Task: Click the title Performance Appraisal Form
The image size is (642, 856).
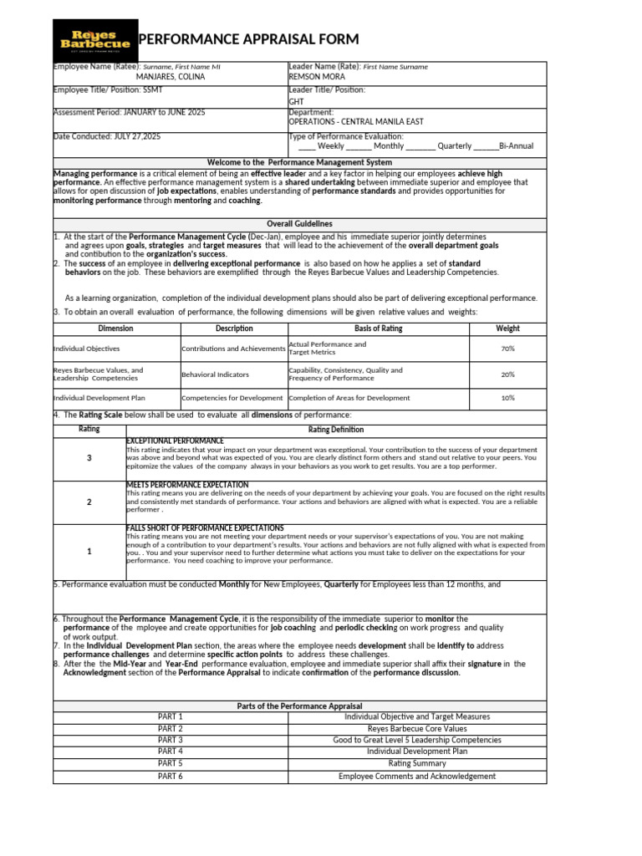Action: pyautogui.click(x=247, y=39)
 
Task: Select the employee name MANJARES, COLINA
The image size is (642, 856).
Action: pyautogui.click(x=170, y=76)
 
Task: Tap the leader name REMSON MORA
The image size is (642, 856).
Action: pyautogui.click(x=316, y=76)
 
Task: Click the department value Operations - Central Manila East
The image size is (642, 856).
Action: pyautogui.click(x=355, y=121)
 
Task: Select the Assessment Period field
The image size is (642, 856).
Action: pyautogui.click(x=129, y=111)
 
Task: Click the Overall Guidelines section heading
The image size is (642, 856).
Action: pyautogui.click(x=299, y=224)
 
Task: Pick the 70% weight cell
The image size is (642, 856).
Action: pyautogui.click(x=507, y=349)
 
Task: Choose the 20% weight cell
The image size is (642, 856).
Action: pyautogui.click(x=507, y=374)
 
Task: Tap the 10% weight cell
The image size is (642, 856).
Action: pyautogui.click(x=507, y=398)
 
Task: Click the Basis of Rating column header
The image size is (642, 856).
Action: pyautogui.click(x=378, y=329)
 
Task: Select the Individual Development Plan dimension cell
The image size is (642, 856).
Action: pyautogui.click(x=99, y=398)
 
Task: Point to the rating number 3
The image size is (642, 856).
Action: pyautogui.click(x=89, y=458)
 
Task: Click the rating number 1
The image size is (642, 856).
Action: pyautogui.click(x=89, y=552)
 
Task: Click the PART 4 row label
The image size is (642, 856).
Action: pyautogui.click(x=170, y=752)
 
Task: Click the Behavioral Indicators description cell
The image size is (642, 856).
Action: pyautogui.click(x=215, y=374)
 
